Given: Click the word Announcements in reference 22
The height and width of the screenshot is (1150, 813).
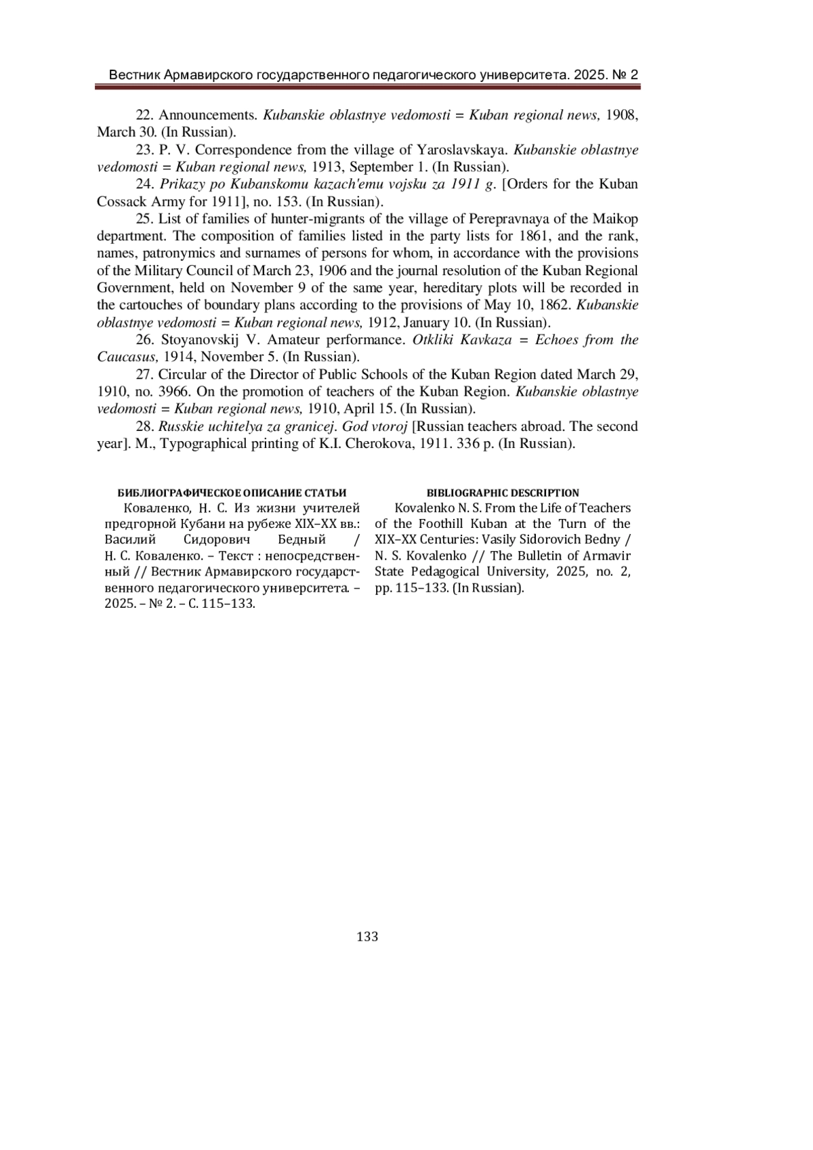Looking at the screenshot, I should click(208, 115).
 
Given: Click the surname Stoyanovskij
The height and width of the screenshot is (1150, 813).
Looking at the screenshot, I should click(203, 340).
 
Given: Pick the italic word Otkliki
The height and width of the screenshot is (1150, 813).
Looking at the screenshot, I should click(433, 340).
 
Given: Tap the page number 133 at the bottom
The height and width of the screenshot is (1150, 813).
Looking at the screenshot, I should click(367, 937).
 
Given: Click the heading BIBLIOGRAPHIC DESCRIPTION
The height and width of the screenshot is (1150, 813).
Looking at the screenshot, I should click(503, 493).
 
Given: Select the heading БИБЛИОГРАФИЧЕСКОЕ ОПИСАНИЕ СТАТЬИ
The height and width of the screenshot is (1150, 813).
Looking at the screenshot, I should click(232, 493).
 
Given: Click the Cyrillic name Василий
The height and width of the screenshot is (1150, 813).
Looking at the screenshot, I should click(131, 539).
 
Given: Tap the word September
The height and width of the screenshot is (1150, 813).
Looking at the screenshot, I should click(377, 167).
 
